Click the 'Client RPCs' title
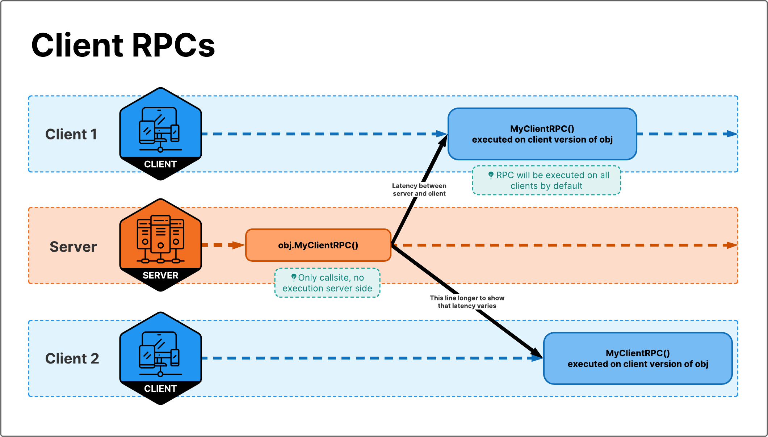[x=123, y=45]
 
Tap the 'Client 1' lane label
[x=71, y=134]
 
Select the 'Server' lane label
[x=73, y=247]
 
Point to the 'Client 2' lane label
[x=72, y=358]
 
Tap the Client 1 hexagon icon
[x=160, y=127]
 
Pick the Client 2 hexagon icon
[x=160, y=351]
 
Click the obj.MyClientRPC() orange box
[x=318, y=245]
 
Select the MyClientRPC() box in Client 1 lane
[x=542, y=134]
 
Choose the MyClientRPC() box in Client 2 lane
[x=638, y=358]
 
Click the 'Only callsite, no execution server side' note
[x=327, y=283]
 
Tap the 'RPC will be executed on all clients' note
[x=547, y=180]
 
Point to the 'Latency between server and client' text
[x=419, y=190]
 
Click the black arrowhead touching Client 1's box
[x=443, y=140]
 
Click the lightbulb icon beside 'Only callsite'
[x=294, y=277]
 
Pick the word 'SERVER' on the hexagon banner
[x=160, y=276]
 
